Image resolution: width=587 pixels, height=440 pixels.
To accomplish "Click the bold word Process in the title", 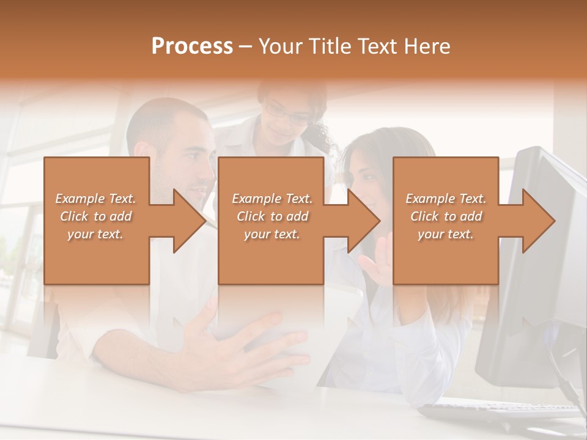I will (192, 46).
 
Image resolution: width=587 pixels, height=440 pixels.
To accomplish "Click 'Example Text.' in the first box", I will (96, 199).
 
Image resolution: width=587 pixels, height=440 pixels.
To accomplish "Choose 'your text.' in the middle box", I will (272, 234).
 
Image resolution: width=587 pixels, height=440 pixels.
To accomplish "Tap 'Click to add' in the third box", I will (446, 216).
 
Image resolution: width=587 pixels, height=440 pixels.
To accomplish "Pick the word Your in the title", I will (281, 46).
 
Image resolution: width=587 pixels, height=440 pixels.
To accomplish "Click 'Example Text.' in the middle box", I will (272, 199).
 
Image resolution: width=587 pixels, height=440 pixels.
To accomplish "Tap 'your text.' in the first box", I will (96, 234).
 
